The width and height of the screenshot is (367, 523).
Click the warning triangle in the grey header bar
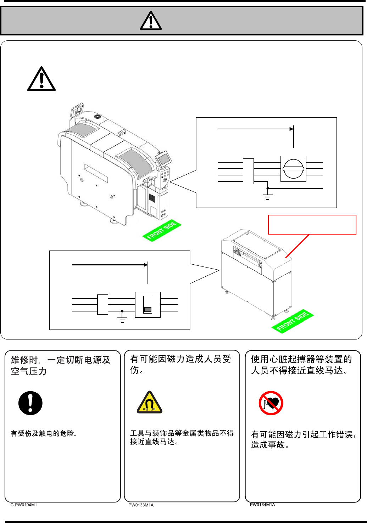[x=151, y=21]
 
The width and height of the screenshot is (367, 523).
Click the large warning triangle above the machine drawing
[x=41, y=80]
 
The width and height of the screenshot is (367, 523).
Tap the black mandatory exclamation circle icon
[x=30, y=403]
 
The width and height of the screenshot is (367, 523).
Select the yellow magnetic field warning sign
[x=150, y=403]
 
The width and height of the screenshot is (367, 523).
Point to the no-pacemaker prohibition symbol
[x=271, y=403]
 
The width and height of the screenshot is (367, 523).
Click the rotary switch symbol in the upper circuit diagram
[x=293, y=169]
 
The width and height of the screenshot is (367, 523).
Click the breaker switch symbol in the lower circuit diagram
[x=148, y=305]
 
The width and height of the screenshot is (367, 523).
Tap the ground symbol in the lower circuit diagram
[x=122, y=319]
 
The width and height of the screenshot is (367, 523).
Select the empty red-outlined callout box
[x=312, y=225]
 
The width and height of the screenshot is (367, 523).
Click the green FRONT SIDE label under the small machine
[x=292, y=321]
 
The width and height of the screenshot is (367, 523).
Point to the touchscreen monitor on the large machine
[x=163, y=158]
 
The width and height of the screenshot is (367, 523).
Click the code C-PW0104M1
[x=24, y=505]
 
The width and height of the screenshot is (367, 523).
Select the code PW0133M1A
[x=141, y=505]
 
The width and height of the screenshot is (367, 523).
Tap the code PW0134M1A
[x=262, y=505]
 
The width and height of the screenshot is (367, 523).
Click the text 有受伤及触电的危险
[x=44, y=433]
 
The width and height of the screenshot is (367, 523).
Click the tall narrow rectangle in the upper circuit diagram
[x=248, y=171]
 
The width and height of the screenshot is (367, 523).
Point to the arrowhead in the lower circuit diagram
[x=146, y=265]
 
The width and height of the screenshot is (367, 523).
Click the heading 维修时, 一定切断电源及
[x=61, y=360]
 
